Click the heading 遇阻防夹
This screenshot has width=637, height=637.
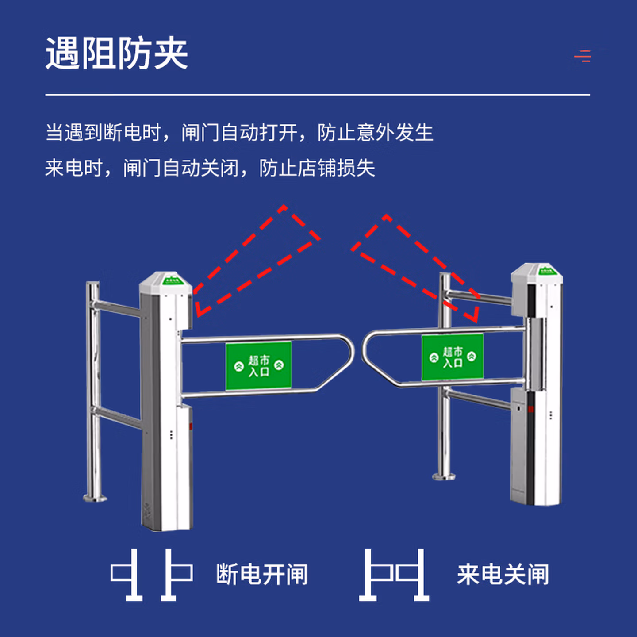pyautogui.click(x=117, y=53)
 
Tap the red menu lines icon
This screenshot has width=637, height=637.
pyautogui.click(x=583, y=56)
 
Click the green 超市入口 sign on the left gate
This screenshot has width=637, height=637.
pyautogui.click(x=259, y=365)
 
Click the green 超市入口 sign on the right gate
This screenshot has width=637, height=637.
pyautogui.click(x=453, y=357)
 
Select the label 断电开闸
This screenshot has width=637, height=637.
pyautogui.click(x=262, y=574)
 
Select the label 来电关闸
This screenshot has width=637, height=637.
pyautogui.click(x=503, y=574)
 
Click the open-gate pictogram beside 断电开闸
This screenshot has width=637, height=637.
pyautogui.click(x=151, y=575)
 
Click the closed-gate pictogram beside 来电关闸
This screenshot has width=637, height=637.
pyautogui.click(x=394, y=575)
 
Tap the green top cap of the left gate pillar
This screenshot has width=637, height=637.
pyautogui.click(x=172, y=280)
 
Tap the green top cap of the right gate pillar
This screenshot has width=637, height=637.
pyautogui.click(x=547, y=271)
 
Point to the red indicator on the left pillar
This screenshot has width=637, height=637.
pyautogui.click(x=191, y=426)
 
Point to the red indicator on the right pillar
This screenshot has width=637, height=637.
pyautogui.click(x=531, y=409)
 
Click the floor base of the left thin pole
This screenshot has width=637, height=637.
pyautogui.click(x=95, y=498)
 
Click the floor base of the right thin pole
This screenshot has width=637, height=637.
pyautogui.click(x=444, y=476)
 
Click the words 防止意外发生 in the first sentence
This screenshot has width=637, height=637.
pyautogui.click(x=375, y=133)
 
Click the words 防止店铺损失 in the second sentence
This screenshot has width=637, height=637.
pyautogui.click(x=317, y=168)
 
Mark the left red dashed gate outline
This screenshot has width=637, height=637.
pyautogui.click(x=257, y=261)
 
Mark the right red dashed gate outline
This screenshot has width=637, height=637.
pyautogui.click(x=415, y=268)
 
